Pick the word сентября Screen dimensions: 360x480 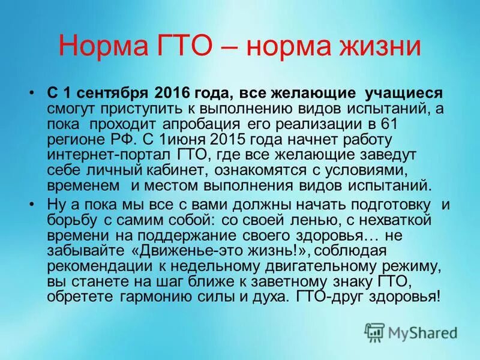pyautogui.click(x=112, y=93)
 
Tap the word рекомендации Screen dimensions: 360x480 pyautogui.click(x=100, y=265)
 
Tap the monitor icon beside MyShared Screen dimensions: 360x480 pyautogui.click(x=374, y=332)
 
